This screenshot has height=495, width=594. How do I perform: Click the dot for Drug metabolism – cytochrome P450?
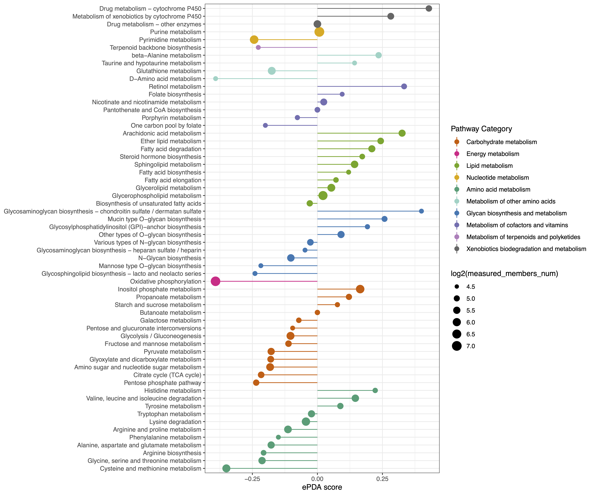point(429,9)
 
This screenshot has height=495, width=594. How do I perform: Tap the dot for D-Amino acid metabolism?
point(216,79)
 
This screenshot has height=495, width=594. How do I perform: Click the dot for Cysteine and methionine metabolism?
point(226,468)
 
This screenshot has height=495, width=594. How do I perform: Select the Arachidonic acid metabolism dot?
point(402,133)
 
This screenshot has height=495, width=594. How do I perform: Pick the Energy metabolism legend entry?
point(493,154)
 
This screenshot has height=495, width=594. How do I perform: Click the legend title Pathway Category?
point(481,129)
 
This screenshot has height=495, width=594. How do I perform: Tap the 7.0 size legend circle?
point(456,346)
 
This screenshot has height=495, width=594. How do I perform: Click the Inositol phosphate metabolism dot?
point(360,289)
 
